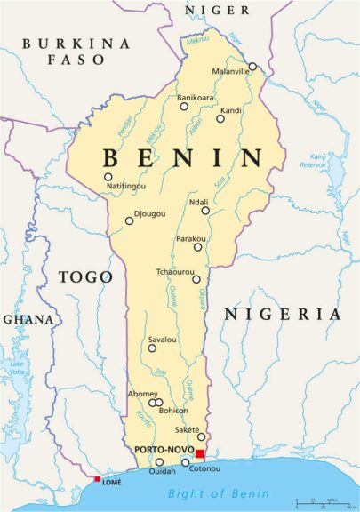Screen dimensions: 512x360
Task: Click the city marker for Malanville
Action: (x=252, y=66)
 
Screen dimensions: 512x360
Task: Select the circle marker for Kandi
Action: (x=220, y=118)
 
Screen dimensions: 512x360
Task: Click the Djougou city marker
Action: (x=129, y=221)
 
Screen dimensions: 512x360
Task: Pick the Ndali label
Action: (x=199, y=202)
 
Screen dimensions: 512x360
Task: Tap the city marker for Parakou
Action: (x=198, y=246)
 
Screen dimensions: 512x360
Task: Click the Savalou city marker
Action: (x=151, y=348)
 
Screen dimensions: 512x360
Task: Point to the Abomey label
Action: (x=143, y=394)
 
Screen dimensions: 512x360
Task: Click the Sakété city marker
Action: (x=201, y=436)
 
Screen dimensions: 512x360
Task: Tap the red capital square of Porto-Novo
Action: (x=200, y=454)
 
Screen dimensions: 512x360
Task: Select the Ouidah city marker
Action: (x=159, y=461)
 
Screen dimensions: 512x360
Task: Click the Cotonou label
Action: (x=205, y=468)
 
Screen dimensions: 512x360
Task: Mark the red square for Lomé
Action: (x=97, y=479)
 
